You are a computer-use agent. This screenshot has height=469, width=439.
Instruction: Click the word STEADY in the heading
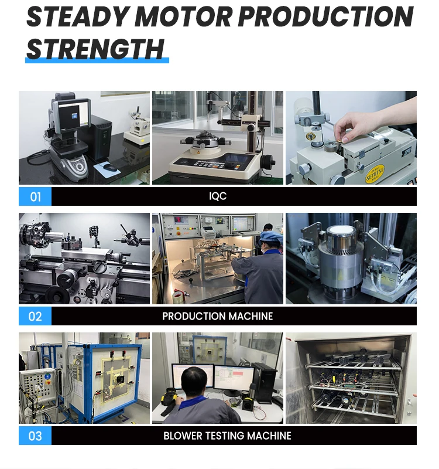78,16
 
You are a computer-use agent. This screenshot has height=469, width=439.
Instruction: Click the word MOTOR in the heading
183,16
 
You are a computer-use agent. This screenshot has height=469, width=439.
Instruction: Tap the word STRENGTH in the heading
95,49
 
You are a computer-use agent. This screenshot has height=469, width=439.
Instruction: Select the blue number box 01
35,196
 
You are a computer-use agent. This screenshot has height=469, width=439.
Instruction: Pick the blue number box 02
35,316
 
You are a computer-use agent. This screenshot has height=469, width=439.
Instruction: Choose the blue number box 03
35,436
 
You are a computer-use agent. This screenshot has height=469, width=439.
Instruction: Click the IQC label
218,196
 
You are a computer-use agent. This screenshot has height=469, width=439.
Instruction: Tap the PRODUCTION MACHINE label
217,316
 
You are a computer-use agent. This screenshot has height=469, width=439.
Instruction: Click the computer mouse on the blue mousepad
110,168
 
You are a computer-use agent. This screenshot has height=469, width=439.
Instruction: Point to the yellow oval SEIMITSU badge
375,174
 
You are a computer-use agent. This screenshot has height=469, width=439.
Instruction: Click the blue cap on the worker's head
270,236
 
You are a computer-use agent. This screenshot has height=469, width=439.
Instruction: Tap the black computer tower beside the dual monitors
264,383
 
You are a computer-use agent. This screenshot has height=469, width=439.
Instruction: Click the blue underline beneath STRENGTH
97,60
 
